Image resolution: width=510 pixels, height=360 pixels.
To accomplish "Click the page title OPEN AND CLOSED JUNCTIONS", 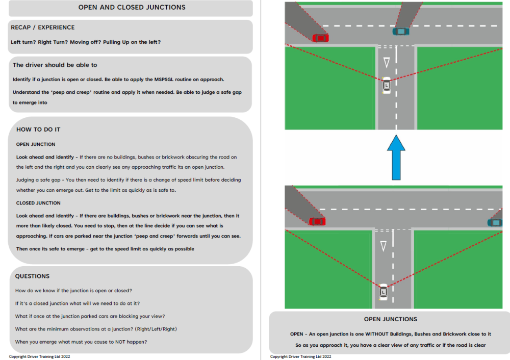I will (x=132, y=8).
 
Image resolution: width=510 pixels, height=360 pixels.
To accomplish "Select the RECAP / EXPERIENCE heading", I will (x=43, y=28).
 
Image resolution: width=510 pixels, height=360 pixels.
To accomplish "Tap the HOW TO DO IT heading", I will (x=38, y=130).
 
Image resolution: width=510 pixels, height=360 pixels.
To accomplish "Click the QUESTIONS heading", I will (x=32, y=276).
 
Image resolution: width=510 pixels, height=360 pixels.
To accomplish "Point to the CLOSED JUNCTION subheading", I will (x=38, y=203).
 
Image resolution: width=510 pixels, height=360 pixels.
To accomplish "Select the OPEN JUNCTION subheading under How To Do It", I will (x=36, y=144).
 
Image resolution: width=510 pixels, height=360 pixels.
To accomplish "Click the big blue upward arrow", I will (x=396, y=157).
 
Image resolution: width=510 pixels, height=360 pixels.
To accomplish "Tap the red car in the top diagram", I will (x=321, y=38).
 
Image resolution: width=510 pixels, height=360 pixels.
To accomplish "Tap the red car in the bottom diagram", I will (x=317, y=221).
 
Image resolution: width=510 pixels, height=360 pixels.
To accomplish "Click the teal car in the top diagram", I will (x=401, y=31).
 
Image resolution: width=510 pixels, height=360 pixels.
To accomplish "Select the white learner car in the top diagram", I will (x=386, y=85).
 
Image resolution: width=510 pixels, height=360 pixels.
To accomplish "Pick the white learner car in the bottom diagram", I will (x=383, y=292).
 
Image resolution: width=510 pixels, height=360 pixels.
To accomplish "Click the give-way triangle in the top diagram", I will (x=386, y=63).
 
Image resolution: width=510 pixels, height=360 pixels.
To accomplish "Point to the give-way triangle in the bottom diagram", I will (x=383, y=246).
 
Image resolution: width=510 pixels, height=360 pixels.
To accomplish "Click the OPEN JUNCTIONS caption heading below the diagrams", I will (x=390, y=319).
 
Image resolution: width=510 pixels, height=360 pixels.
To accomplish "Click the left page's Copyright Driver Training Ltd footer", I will (x=39, y=356).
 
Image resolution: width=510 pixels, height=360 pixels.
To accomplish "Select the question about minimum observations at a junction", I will (x=96, y=329).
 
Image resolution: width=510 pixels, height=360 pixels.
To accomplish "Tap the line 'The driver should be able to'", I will (x=55, y=65).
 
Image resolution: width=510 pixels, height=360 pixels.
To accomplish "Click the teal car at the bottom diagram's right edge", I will (x=495, y=222).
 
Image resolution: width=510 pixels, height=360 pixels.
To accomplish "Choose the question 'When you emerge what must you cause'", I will (x=81, y=342).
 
